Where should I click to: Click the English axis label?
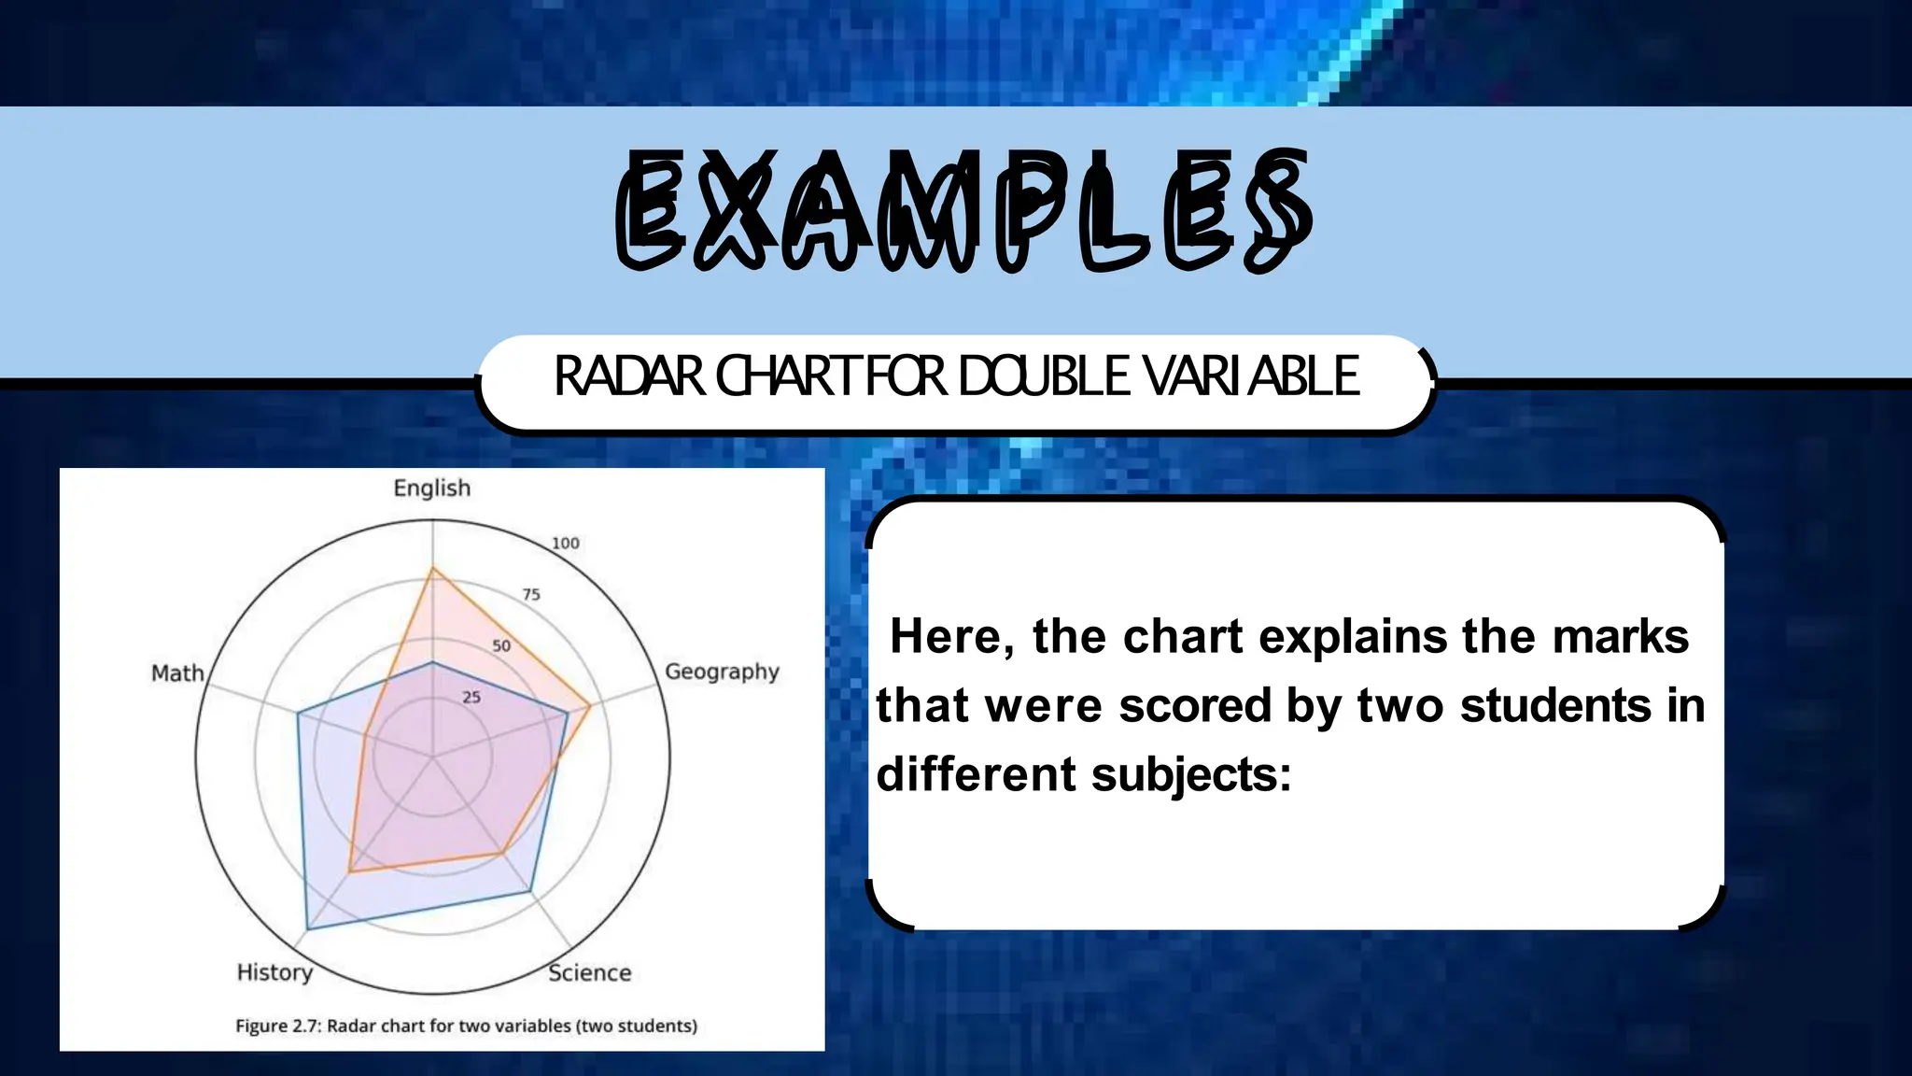pos(431,488)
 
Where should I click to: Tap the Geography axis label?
pos(722,672)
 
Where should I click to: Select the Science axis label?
pos(589,973)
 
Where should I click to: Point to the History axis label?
pos(274,972)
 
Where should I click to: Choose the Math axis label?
pos(177,673)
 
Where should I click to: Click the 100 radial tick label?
pos(565,544)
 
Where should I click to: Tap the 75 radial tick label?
pos(530,595)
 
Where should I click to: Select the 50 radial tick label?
pos(501,646)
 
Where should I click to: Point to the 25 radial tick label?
pos(471,698)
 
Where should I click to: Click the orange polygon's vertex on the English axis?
pos(432,568)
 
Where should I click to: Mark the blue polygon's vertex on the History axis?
pos(307,929)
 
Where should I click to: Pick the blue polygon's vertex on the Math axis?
pos(298,715)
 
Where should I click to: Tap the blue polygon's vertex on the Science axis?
pos(530,892)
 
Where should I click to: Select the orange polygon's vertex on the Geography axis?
pos(589,707)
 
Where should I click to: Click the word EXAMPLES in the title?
pos(963,211)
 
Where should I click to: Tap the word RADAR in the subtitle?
pos(629,376)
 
